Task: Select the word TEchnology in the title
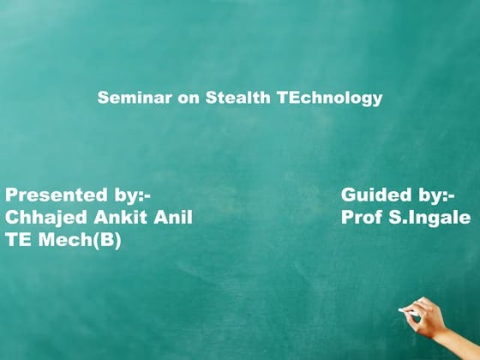pos(330,99)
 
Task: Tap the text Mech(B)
pos(78,241)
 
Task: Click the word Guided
pos(376,194)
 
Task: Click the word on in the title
pos(188,99)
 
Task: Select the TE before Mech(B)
pos(18,241)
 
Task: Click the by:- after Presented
pos(131,194)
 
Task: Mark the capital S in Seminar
pos(103,99)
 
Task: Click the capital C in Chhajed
pos(12,218)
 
